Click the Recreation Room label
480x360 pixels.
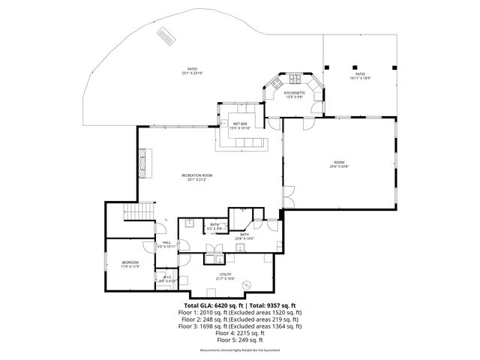(x=197, y=175)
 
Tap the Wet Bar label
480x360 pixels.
(x=240, y=123)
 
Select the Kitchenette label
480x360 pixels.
(x=293, y=92)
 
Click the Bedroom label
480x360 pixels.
(x=130, y=262)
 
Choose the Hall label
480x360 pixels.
(x=164, y=242)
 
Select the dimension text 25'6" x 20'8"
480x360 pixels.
(x=339, y=166)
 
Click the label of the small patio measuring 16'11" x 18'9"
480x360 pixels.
(x=360, y=73)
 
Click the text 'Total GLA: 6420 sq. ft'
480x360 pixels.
(x=214, y=306)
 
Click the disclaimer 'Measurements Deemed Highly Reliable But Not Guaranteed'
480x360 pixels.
(x=239, y=350)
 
